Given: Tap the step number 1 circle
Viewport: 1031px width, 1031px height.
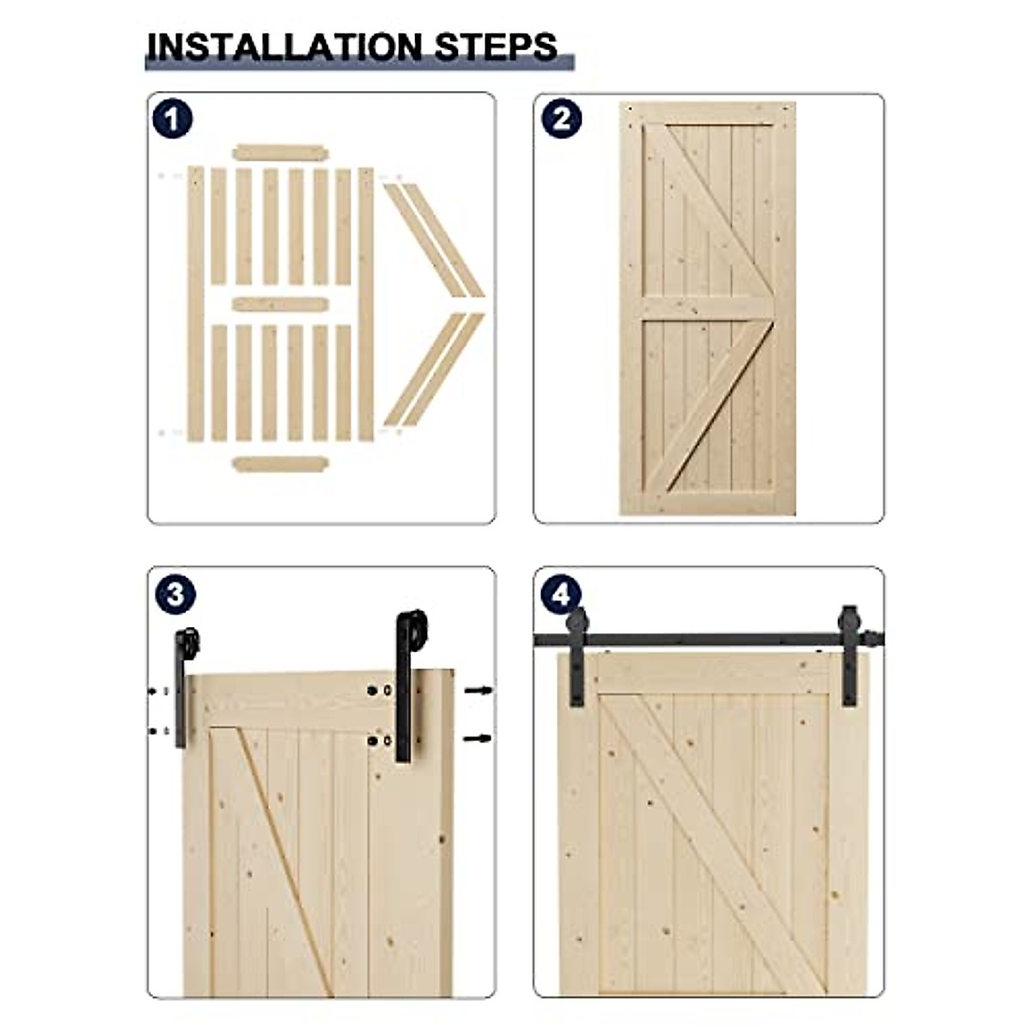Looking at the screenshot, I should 173,120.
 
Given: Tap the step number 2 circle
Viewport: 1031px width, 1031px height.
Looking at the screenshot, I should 561,119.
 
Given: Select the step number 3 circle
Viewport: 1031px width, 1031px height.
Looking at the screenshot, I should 174,595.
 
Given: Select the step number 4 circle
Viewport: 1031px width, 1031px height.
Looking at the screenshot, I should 561,595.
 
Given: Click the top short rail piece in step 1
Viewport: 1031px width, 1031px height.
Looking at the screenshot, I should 280,153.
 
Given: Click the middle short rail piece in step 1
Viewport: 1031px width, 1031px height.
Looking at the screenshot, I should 280,304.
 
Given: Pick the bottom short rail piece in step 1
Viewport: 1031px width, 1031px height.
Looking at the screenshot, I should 280,464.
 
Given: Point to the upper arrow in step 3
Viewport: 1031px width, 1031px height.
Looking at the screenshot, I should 479,690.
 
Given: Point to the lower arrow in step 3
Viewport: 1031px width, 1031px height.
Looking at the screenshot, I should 479,738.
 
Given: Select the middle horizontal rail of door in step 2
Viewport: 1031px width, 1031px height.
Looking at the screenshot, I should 707,308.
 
